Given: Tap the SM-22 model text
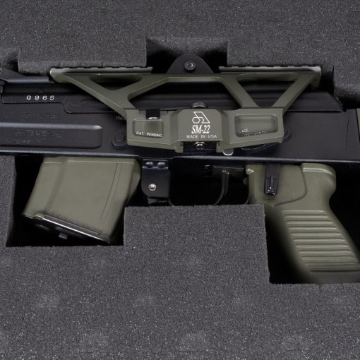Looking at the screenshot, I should [x=201, y=129].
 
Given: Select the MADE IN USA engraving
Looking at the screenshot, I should [x=202, y=137].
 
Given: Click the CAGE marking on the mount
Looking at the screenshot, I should [x=244, y=130].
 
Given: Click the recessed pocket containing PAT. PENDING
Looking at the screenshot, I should [x=152, y=127].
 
